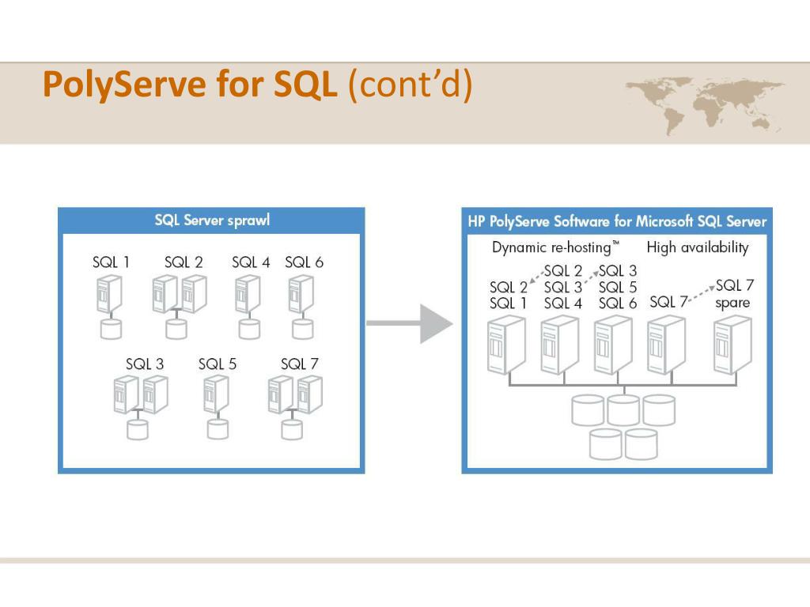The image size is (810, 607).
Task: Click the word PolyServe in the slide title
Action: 123,85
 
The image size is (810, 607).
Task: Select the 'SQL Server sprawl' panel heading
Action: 212,221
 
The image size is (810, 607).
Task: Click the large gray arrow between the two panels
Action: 411,322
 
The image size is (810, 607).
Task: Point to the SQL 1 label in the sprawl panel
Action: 112,262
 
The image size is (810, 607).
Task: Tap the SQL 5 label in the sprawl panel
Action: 218,364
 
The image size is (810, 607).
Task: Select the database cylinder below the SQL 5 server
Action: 218,428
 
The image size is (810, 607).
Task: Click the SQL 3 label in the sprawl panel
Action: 145,364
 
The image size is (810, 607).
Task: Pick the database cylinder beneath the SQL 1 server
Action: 112,328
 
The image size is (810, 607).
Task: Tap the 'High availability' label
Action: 697,247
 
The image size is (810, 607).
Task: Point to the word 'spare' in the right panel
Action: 732,303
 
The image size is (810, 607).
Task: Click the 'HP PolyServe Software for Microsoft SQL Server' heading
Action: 617,221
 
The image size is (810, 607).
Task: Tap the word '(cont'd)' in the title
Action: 409,85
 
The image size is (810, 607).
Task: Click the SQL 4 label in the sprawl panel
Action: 251,262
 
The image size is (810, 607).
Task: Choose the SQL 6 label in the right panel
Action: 618,303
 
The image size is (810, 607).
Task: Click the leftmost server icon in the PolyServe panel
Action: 506,345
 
